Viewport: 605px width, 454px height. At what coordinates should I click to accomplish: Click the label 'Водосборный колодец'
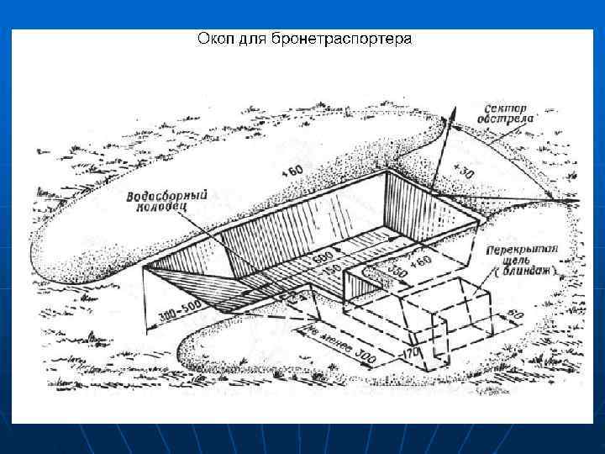point(167,201)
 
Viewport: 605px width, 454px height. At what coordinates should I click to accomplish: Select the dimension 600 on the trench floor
point(322,255)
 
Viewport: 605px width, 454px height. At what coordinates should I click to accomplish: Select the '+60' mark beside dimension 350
point(420,263)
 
